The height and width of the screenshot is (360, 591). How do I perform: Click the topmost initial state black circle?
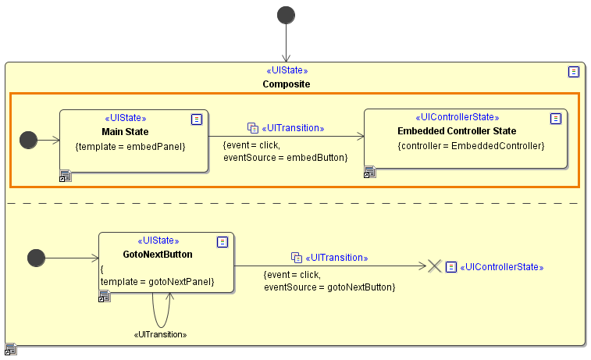[287, 15]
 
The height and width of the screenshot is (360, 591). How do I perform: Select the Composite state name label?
[287, 84]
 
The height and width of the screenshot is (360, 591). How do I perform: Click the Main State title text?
[125, 131]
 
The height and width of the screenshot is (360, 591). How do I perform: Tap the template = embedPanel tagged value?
[130, 146]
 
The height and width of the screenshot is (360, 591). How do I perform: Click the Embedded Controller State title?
[457, 130]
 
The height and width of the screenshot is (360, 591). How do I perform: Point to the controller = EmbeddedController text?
[471, 145]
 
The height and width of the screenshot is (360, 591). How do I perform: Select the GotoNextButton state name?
[158, 254]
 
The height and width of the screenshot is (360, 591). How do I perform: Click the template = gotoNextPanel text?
[157, 281]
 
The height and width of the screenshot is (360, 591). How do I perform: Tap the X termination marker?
[435, 266]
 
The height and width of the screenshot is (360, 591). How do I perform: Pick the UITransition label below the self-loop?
[162, 334]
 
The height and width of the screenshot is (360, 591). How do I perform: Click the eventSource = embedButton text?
[285, 158]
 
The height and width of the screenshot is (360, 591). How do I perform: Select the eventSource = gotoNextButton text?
[329, 287]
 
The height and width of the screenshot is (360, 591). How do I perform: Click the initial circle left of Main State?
[28, 140]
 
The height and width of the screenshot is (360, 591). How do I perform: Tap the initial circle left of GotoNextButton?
[36, 257]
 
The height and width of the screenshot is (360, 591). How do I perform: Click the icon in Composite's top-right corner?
[574, 72]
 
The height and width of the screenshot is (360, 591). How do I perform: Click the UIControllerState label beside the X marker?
[504, 267]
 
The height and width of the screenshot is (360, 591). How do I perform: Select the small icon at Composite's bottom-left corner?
[11, 348]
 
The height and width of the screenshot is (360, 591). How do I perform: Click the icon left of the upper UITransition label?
[252, 127]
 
